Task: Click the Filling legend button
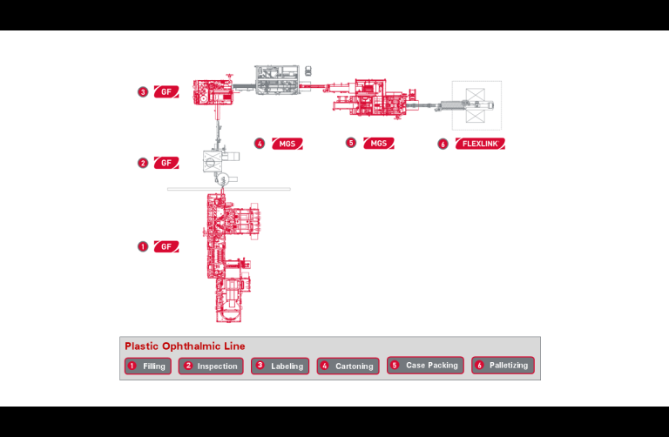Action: pos(147,366)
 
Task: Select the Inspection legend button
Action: pos(211,366)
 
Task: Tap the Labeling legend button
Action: pos(280,366)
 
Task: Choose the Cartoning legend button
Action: pos(348,366)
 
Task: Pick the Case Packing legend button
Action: pos(425,366)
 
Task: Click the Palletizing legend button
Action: pos(503,366)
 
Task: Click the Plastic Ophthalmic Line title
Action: pos(185,346)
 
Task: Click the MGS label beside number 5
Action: pos(378,143)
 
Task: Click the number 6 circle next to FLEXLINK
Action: pos(443,144)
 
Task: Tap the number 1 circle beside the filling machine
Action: pos(142,246)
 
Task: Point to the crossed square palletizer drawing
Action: pos(476,105)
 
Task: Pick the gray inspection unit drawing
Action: pos(215,161)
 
